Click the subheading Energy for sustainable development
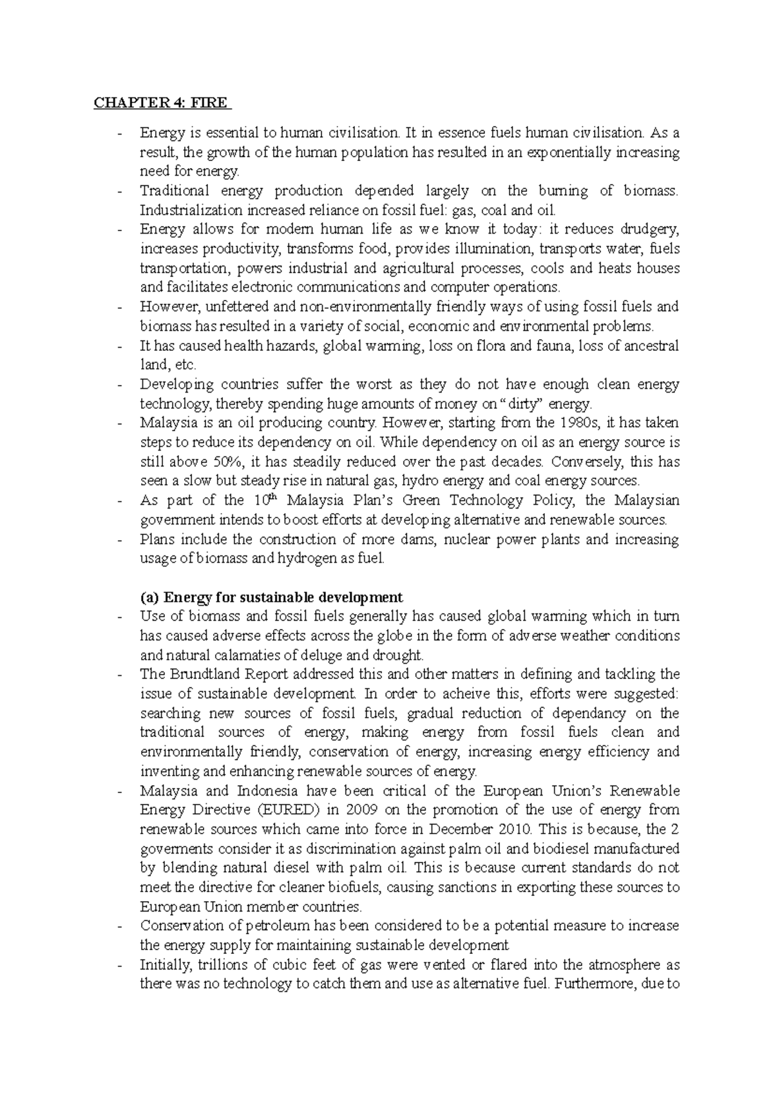coord(271,597)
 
